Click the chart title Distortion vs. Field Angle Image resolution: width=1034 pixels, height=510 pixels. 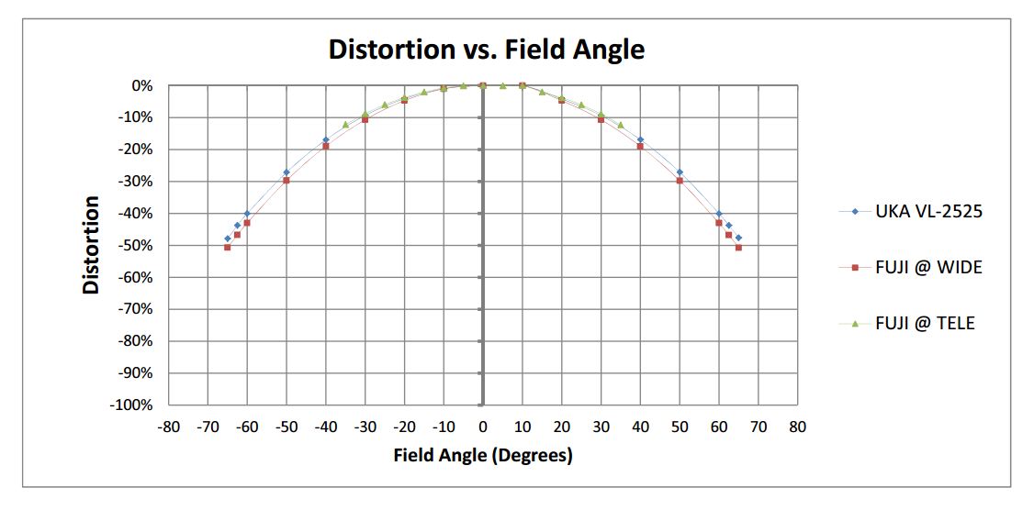click(487, 49)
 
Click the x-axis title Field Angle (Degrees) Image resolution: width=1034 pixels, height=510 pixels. click(482, 455)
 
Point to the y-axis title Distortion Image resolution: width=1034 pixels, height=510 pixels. click(91, 245)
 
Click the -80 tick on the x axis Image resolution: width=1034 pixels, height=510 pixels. click(168, 427)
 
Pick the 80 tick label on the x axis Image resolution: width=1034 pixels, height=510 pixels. click(797, 427)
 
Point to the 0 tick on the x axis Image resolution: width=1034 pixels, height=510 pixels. click(482, 427)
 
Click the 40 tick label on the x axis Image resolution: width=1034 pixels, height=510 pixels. click(640, 427)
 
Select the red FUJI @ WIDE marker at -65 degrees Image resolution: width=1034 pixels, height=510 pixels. click(228, 247)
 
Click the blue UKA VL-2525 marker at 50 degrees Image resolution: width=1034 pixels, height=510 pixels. click(680, 172)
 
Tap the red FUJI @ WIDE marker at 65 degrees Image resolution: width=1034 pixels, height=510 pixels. click(738, 247)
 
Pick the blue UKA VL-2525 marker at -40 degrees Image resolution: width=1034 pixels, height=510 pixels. click(325, 140)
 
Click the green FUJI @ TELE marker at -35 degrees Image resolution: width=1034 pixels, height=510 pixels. click(345, 125)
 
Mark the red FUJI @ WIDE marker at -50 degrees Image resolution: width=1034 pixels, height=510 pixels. click(287, 180)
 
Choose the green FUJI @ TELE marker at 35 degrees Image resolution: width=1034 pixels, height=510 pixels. click(621, 125)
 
